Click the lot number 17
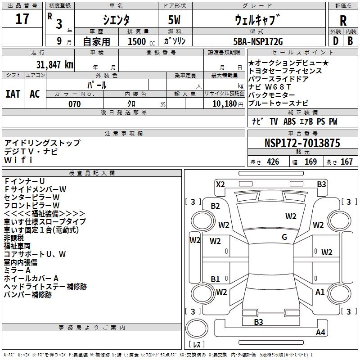coord(22,19)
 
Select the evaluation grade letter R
coord(343,20)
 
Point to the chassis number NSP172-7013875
coord(302,144)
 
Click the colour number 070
coord(74,104)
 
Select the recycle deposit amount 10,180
coord(224,104)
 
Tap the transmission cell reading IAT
coord(13,94)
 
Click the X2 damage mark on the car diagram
coord(220,184)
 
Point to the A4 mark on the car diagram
coord(320,333)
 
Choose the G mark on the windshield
coord(284,237)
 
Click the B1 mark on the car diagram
coord(216,279)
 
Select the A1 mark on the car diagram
coord(320,292)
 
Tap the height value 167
coord(346,162)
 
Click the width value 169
coord(310,162)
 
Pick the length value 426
coord(273,162)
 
